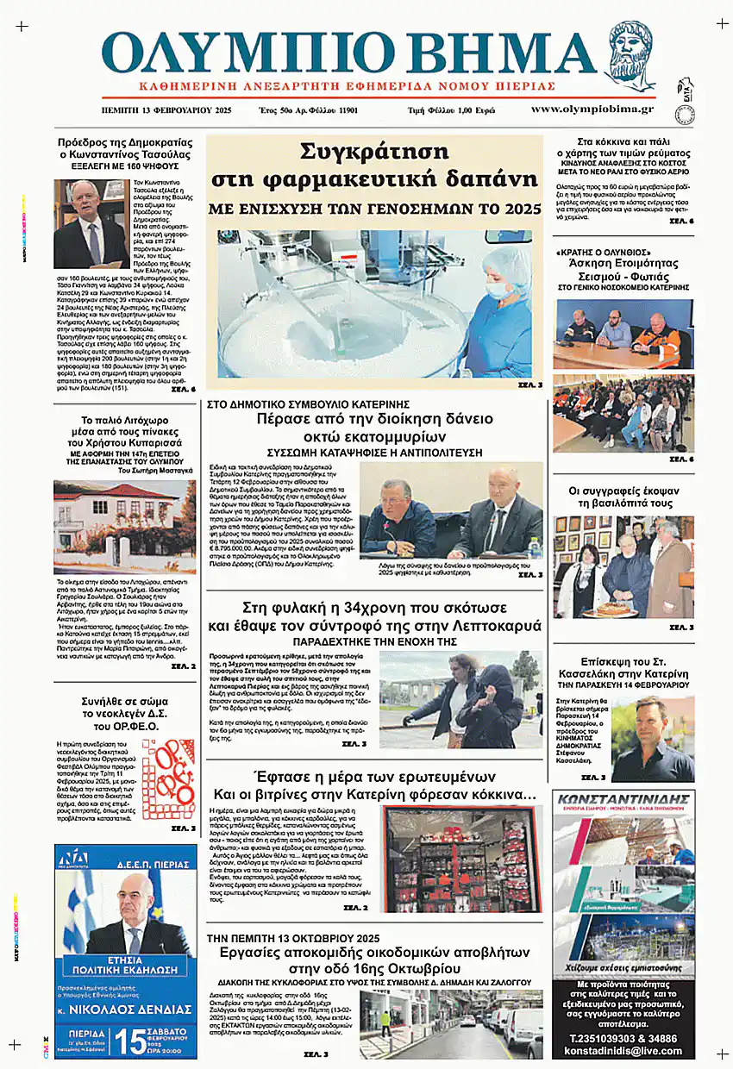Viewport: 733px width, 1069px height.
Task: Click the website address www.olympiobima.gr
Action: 592,109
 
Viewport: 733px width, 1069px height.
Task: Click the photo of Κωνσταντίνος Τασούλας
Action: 91,223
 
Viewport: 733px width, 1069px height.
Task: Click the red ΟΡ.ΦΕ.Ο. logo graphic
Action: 168,779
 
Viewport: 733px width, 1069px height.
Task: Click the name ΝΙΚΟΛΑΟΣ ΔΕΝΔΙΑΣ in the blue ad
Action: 131,1009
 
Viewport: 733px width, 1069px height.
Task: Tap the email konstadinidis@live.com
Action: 623,1052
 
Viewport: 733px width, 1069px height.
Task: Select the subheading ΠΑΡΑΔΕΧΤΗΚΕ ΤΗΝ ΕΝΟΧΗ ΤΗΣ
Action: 374,643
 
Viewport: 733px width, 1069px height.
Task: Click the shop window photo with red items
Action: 462,859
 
